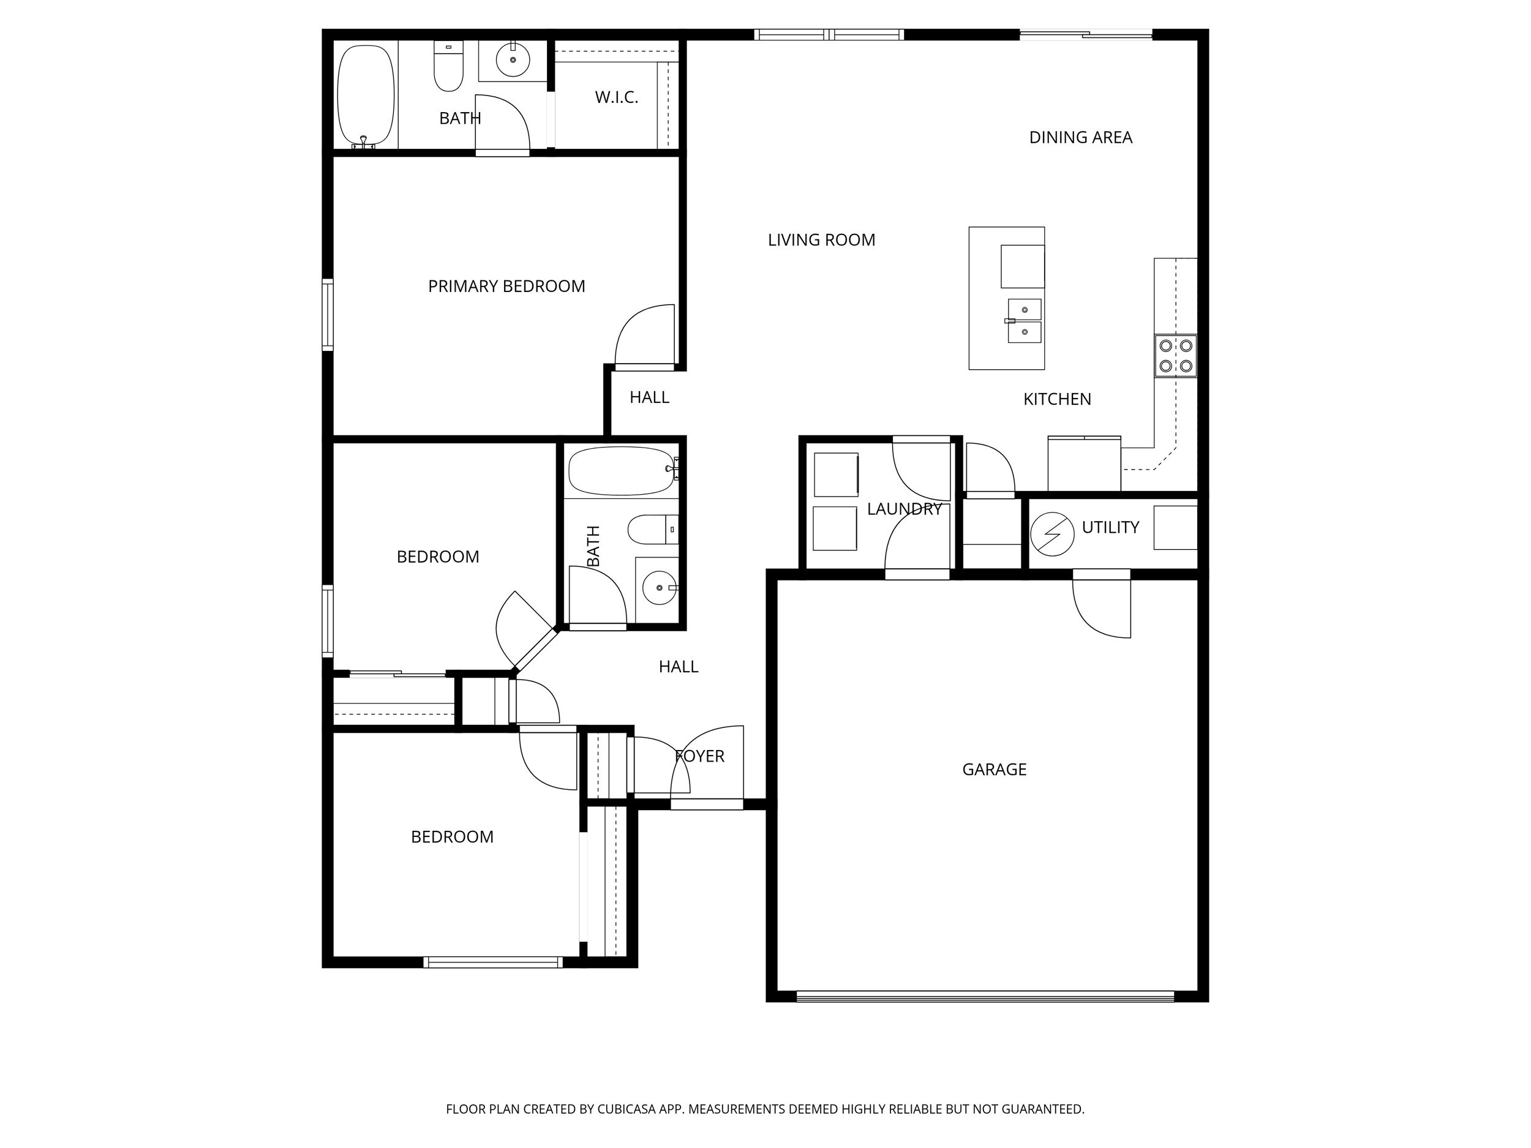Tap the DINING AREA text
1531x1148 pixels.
[1080, 138]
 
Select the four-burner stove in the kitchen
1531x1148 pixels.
[1175, 356]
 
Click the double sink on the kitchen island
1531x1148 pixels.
[1025, 321]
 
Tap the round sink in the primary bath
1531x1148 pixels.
[513, 60]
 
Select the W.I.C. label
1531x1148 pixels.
[616, 97]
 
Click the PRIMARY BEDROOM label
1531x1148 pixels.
[506, 287]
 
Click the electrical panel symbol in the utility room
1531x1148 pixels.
[1052, 535]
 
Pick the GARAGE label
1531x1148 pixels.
[994, 770]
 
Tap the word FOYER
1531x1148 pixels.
[700, 756]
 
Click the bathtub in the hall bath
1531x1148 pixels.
[621, 471]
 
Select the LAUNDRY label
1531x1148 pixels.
[904, 509]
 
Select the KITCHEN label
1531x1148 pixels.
[1056, 399]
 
